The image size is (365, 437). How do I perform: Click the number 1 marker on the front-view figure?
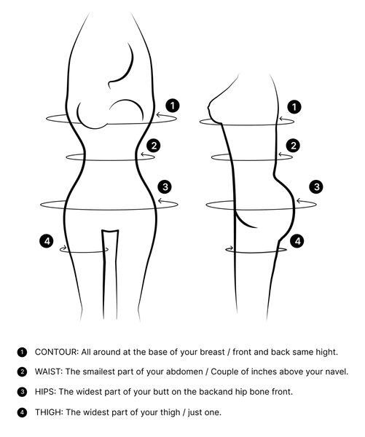pos(173,106)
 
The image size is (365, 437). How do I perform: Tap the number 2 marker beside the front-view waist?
pos(154,146)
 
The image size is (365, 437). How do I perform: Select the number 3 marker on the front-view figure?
pos(165,186)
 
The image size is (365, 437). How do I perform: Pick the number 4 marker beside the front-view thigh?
pos(47,241)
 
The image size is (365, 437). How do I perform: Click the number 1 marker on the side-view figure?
pos(294,107)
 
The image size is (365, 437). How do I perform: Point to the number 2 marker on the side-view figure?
pos(293,146)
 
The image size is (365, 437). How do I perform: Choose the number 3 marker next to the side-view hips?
pos(316,186)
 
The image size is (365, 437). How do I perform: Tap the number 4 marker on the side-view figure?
pos(297,241)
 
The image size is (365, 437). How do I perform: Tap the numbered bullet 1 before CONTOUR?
pos(22,353)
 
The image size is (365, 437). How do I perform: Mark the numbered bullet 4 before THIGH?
pos(22,412)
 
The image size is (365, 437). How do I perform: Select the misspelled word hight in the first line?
pos(326,353)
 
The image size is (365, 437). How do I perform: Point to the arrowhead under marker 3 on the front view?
pos(160,201)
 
